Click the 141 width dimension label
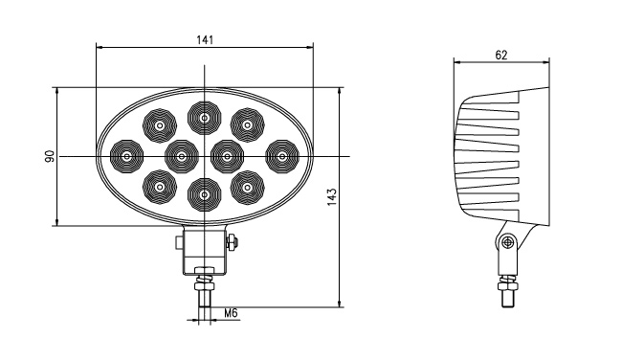pyautogui.click(x=205, y=39)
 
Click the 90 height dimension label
pyautogui.click(x=50, y=156)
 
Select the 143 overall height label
pyautogui.click(x=332, y=197)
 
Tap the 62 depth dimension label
pyautogui.click(x=501, y=55)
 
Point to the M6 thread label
pyautogui.click(x=231, y=313)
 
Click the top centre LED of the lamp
pyautogui.click(x=204, y=118)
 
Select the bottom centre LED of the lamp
pyautogui.click(x=204, y=194)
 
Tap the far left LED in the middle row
pyautogui.click(x=126, y=156)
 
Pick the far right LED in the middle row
pyautogui.click(x=282, y=156)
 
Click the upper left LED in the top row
pyautogui.click(x=160, y=125)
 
